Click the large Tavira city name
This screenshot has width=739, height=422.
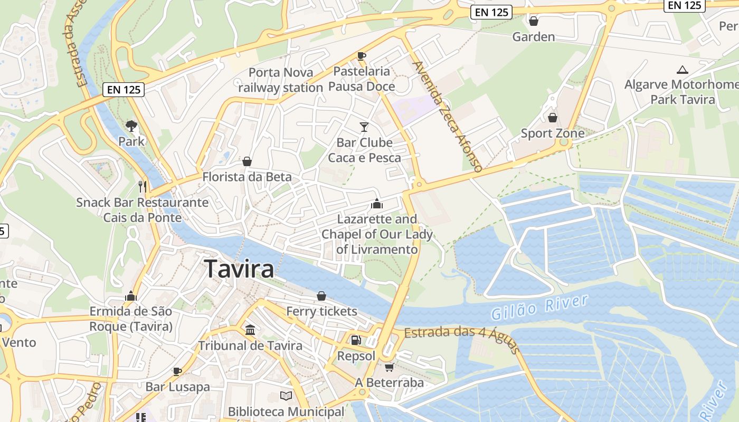click(239, 269)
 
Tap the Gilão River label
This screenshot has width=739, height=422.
click(539, 308)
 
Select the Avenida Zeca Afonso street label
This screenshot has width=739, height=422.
click(448, 117)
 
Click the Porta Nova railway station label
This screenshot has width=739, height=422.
click(281, 80)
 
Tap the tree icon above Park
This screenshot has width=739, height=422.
click(131, 126)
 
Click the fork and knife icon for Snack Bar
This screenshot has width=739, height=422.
click(142, 186)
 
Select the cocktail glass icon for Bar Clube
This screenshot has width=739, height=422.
click(364, 127)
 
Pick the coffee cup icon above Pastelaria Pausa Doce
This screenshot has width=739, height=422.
click(362, 56)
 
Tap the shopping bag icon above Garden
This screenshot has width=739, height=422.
click(534, 21)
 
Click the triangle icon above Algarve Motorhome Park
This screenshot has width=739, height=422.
click(683, 70)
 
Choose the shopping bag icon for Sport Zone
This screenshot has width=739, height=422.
click(553, 117)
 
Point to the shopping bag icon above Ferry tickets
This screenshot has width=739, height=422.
click(321, 296)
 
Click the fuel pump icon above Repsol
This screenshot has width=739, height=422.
click(356, 340)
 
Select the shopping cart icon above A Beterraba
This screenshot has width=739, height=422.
click(389, 367)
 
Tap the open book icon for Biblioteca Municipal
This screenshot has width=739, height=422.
click(286, 396)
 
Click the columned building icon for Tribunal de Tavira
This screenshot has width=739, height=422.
click(250, 330)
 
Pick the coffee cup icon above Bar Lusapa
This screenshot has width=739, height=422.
click(177, 371)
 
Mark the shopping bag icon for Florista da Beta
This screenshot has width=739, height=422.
click(247, 161)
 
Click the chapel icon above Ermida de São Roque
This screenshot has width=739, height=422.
click(131, 296)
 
